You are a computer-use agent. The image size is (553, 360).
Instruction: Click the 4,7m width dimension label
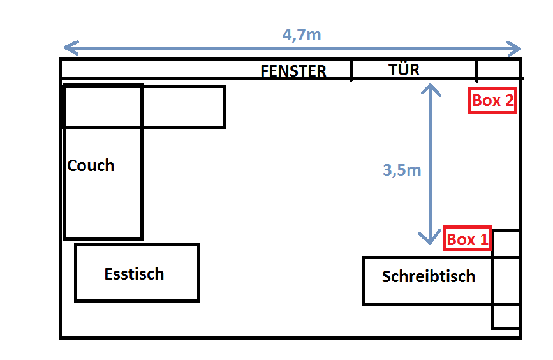(x=302, y=34)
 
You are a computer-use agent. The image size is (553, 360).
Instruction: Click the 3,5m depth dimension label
(x=402, y=170)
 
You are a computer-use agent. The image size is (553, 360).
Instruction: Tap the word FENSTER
(x=293, y=71)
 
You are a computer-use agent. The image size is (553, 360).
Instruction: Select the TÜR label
(x=404, y=69)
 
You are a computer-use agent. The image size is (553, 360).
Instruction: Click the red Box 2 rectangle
(x=492, y=100)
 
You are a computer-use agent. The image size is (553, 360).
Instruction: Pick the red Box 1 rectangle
(x=468, y=239)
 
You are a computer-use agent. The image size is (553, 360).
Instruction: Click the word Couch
(x=91, y=165)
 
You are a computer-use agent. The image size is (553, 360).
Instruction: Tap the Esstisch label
(x=134, y=274)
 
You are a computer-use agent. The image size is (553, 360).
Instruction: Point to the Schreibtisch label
(x=429, y=276)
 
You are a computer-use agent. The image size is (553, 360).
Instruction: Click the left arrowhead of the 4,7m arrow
(x=70, y=48)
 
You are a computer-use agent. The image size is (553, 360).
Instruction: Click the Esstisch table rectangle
(x=137, y=290)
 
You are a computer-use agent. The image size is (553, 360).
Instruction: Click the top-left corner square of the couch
(x=102, y=106)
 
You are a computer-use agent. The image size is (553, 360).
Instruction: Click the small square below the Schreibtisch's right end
(x=506, y=317)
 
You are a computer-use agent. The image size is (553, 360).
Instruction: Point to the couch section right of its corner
(x=183, y=107)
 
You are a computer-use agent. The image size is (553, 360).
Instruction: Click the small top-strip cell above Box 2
(x=498, y=68)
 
